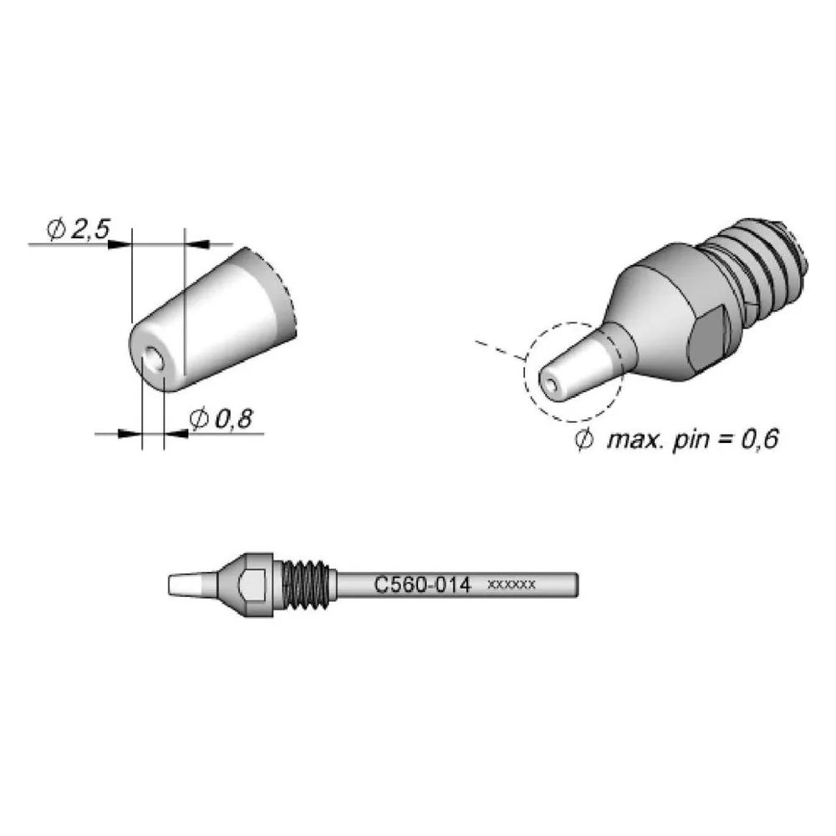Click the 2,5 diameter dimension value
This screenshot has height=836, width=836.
89,229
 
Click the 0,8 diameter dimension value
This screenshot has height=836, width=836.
233,420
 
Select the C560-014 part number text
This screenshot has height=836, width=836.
422,585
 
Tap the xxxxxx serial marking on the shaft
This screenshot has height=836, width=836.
512,585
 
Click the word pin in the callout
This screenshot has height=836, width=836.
691,441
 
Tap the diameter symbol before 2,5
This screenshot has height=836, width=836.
56,230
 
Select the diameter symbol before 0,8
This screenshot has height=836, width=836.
198,420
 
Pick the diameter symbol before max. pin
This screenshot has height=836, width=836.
584,440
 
